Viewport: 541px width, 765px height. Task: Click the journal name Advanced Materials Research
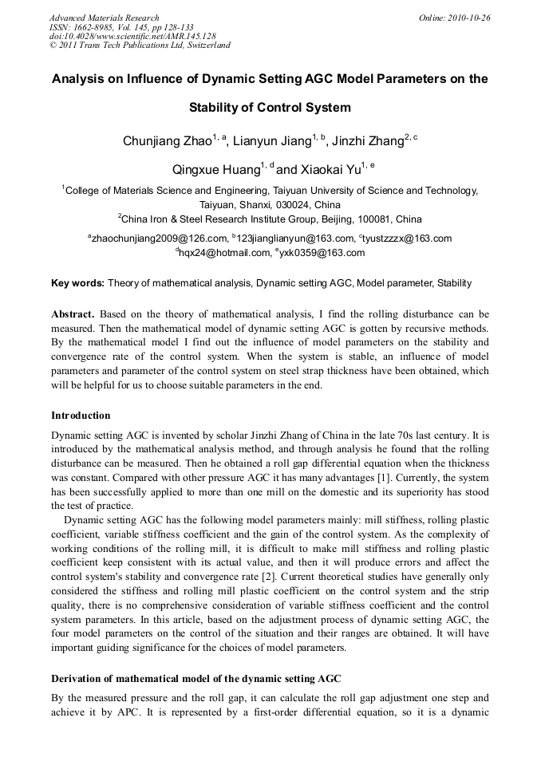104,18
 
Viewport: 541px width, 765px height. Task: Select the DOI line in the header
132,36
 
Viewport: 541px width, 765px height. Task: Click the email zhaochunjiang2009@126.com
159,239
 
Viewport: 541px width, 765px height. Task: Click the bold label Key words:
77,283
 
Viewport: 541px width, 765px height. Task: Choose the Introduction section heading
81,416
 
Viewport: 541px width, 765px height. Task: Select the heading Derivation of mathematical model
196,679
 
